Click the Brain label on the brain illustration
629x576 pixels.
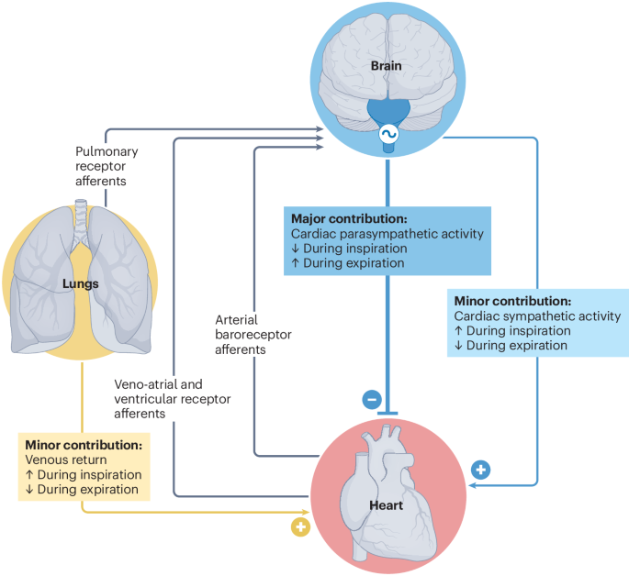(387, 66)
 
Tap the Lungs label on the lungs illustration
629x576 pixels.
(82, 283)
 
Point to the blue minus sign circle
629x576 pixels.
(372, 399)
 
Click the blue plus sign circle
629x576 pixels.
(480, 470)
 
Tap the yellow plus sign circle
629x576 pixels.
(299, 526)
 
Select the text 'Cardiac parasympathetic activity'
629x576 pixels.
(387, 234)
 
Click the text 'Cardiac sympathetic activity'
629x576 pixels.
(536, 316)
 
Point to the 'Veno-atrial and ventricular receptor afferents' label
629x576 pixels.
(173, 399)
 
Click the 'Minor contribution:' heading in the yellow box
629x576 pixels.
(84, 445)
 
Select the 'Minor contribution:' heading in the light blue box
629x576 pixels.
(512, 301)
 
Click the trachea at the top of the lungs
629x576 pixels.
(81, 216)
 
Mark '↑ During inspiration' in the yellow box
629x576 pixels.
(84, 475)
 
